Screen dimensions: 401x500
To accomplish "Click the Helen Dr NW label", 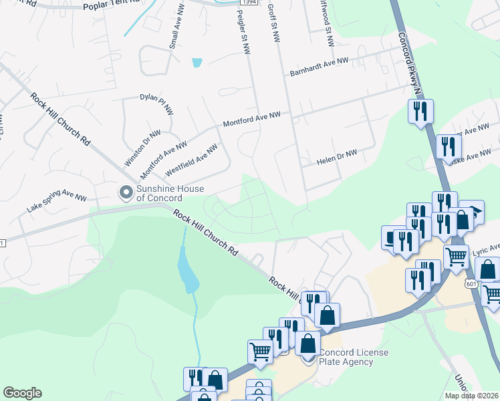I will pos(337,157).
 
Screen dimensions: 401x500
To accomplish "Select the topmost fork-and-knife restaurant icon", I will pos(421,110).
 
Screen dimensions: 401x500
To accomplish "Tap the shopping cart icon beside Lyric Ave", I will pos(456,255).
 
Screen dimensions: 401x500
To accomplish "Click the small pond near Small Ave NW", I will pos(197,63).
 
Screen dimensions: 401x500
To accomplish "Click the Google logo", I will pos(22,393).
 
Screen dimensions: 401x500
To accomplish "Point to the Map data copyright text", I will pos(472,396).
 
